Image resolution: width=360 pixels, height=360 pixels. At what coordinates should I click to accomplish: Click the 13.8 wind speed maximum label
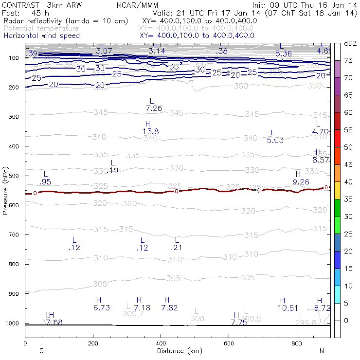(x=151, y=132)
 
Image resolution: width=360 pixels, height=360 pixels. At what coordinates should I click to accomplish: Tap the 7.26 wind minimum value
(x=154, y=108)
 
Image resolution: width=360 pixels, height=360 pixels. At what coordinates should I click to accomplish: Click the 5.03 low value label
(x=275, y=141)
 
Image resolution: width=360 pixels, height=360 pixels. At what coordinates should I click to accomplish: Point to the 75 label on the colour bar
(x=348, y=60)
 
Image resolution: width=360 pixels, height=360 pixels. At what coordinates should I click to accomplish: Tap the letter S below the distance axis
(x=41, y=351)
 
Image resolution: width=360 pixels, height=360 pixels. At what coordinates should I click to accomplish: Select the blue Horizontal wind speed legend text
(x=42, y=36)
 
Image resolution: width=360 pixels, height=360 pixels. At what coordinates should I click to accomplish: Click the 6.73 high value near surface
(x=102, y=308)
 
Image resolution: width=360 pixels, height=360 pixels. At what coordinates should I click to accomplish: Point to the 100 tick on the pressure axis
(x=13, y=58)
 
